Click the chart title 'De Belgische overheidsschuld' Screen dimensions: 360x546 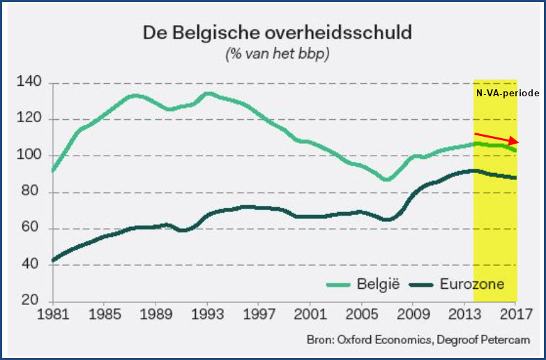pyautogui.click(x=278, y=32)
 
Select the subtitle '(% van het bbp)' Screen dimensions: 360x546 pyautogui.click(x=278, y=54)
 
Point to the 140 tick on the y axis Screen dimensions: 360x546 pyautogui.click(x=31, y=83)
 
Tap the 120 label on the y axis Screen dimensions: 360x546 pyautogui.click(x=31, y=119)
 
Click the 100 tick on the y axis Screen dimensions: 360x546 pyautogui.click(x=31, y=156)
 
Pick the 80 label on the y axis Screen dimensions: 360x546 pyautogui.click(x=32, y=193)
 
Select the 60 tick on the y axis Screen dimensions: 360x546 pyautogui.click(x=32, y=229)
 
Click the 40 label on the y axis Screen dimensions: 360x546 pyautogui.click(x=32, y=265)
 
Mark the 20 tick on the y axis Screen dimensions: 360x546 pyautogui.click(x=32, y=301)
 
